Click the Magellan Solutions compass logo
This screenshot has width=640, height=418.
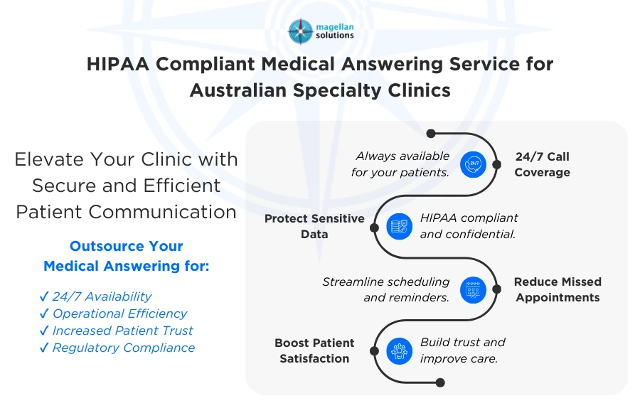tap(300, 31)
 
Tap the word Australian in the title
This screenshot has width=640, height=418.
tap(250, 90)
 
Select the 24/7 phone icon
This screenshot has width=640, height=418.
tap(472, 164)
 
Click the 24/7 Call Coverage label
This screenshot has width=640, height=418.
tap(542, 164)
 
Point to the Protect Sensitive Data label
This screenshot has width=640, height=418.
tap(314, 226)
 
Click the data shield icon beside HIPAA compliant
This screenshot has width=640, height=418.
tap(399, 226)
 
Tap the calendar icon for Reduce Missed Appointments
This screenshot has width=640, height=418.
tap(473, 290)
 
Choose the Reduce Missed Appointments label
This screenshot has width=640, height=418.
tap(558, 290)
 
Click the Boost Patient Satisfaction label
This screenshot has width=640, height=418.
tap(314, 350)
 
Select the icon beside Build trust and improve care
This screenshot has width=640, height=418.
tap(399, 350)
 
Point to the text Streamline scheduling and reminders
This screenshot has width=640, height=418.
tap(386, 290)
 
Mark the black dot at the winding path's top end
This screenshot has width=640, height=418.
tap(430, 133)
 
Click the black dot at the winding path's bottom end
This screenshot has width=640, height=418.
tap(440, 382)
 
